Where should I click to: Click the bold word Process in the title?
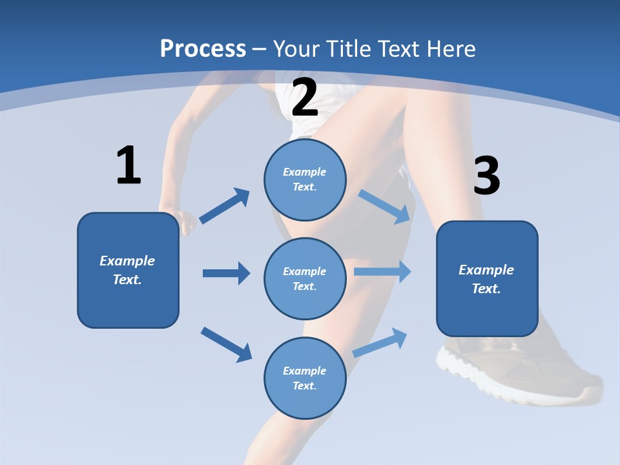click(x=203, y=48)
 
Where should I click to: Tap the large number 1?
click(x=129, y=166)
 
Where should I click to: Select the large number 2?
click(x=305, y=97)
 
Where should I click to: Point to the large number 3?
click(x=487, y=176)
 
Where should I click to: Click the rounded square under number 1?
click(x=128, y=270)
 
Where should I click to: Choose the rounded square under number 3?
click(x=487, y=279)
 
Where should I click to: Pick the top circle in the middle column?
click(x=305, y=180)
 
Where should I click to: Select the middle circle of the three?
click(x=305, y=279)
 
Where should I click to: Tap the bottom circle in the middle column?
click(x=305, y=378)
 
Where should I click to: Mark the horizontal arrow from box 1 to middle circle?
click(x=226, y=273)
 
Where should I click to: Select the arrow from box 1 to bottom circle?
click(x=226, y=344)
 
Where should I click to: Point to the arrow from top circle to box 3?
click(x=385, y=206)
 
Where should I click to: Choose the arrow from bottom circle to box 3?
click(x=380, y=342)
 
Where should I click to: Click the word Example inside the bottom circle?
click(x=305, y=371)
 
